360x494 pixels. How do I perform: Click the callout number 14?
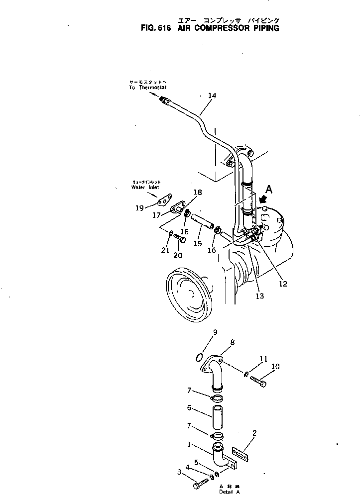point(212,96)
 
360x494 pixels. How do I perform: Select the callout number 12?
point(283,285)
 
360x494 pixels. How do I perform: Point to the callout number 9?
point(215,332)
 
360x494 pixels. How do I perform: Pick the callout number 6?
point(190,408)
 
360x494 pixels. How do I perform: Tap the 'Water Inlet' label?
point(145,187)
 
